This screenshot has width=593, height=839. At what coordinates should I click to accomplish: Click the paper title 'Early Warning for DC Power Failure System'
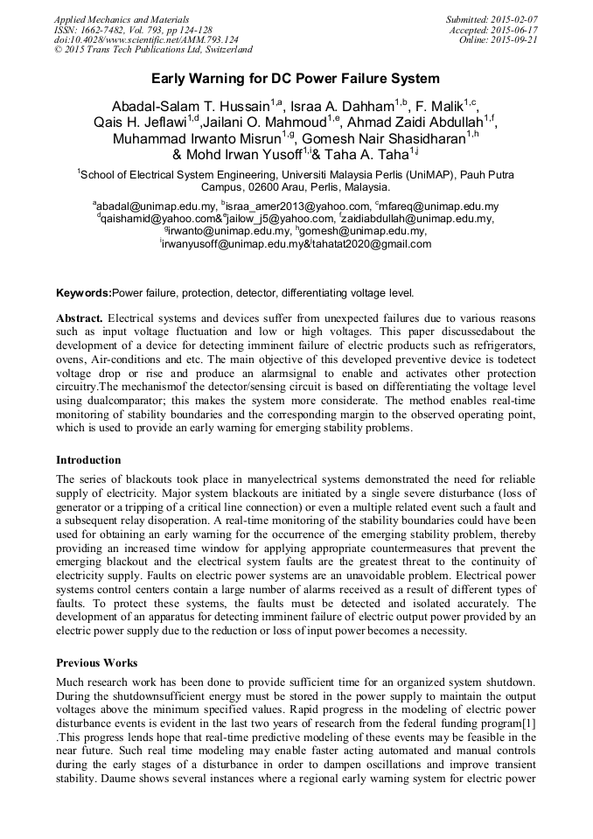point(296,79)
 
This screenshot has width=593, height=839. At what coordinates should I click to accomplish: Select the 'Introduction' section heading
point(88,459)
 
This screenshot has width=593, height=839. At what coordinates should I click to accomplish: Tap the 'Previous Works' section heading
point(96,662)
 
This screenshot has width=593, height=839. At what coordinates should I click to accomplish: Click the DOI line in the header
point(146,40)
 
